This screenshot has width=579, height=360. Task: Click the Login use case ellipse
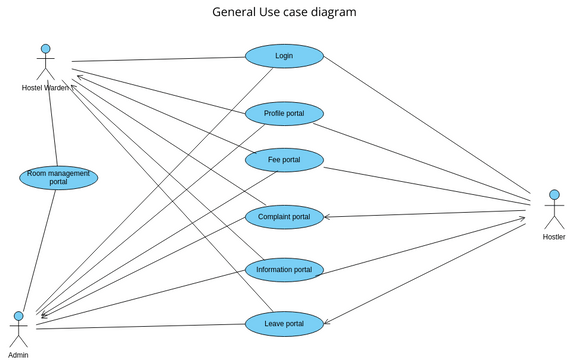point(284,56)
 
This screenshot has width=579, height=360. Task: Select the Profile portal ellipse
point(284,114)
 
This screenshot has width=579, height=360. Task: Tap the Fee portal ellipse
point(284,160)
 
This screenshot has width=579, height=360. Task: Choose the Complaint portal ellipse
point(284,216)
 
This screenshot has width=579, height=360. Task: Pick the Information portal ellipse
point(284,269)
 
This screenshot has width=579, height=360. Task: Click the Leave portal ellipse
point(284,322)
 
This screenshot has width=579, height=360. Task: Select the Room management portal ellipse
point(59,178)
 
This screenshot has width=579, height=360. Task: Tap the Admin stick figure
point(18,328)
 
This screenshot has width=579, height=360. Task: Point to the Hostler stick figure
point(553,209)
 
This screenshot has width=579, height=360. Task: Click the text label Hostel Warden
point(46,88)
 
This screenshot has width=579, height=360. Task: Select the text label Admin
point(18,354)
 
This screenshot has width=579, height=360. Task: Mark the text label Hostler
point(553,237)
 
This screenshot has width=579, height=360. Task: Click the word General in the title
point(237,12)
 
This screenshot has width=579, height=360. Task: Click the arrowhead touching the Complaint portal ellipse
point(327,216)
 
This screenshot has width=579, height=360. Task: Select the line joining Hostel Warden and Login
point(160,59)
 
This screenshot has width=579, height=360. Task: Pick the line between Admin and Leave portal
point(140,325)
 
